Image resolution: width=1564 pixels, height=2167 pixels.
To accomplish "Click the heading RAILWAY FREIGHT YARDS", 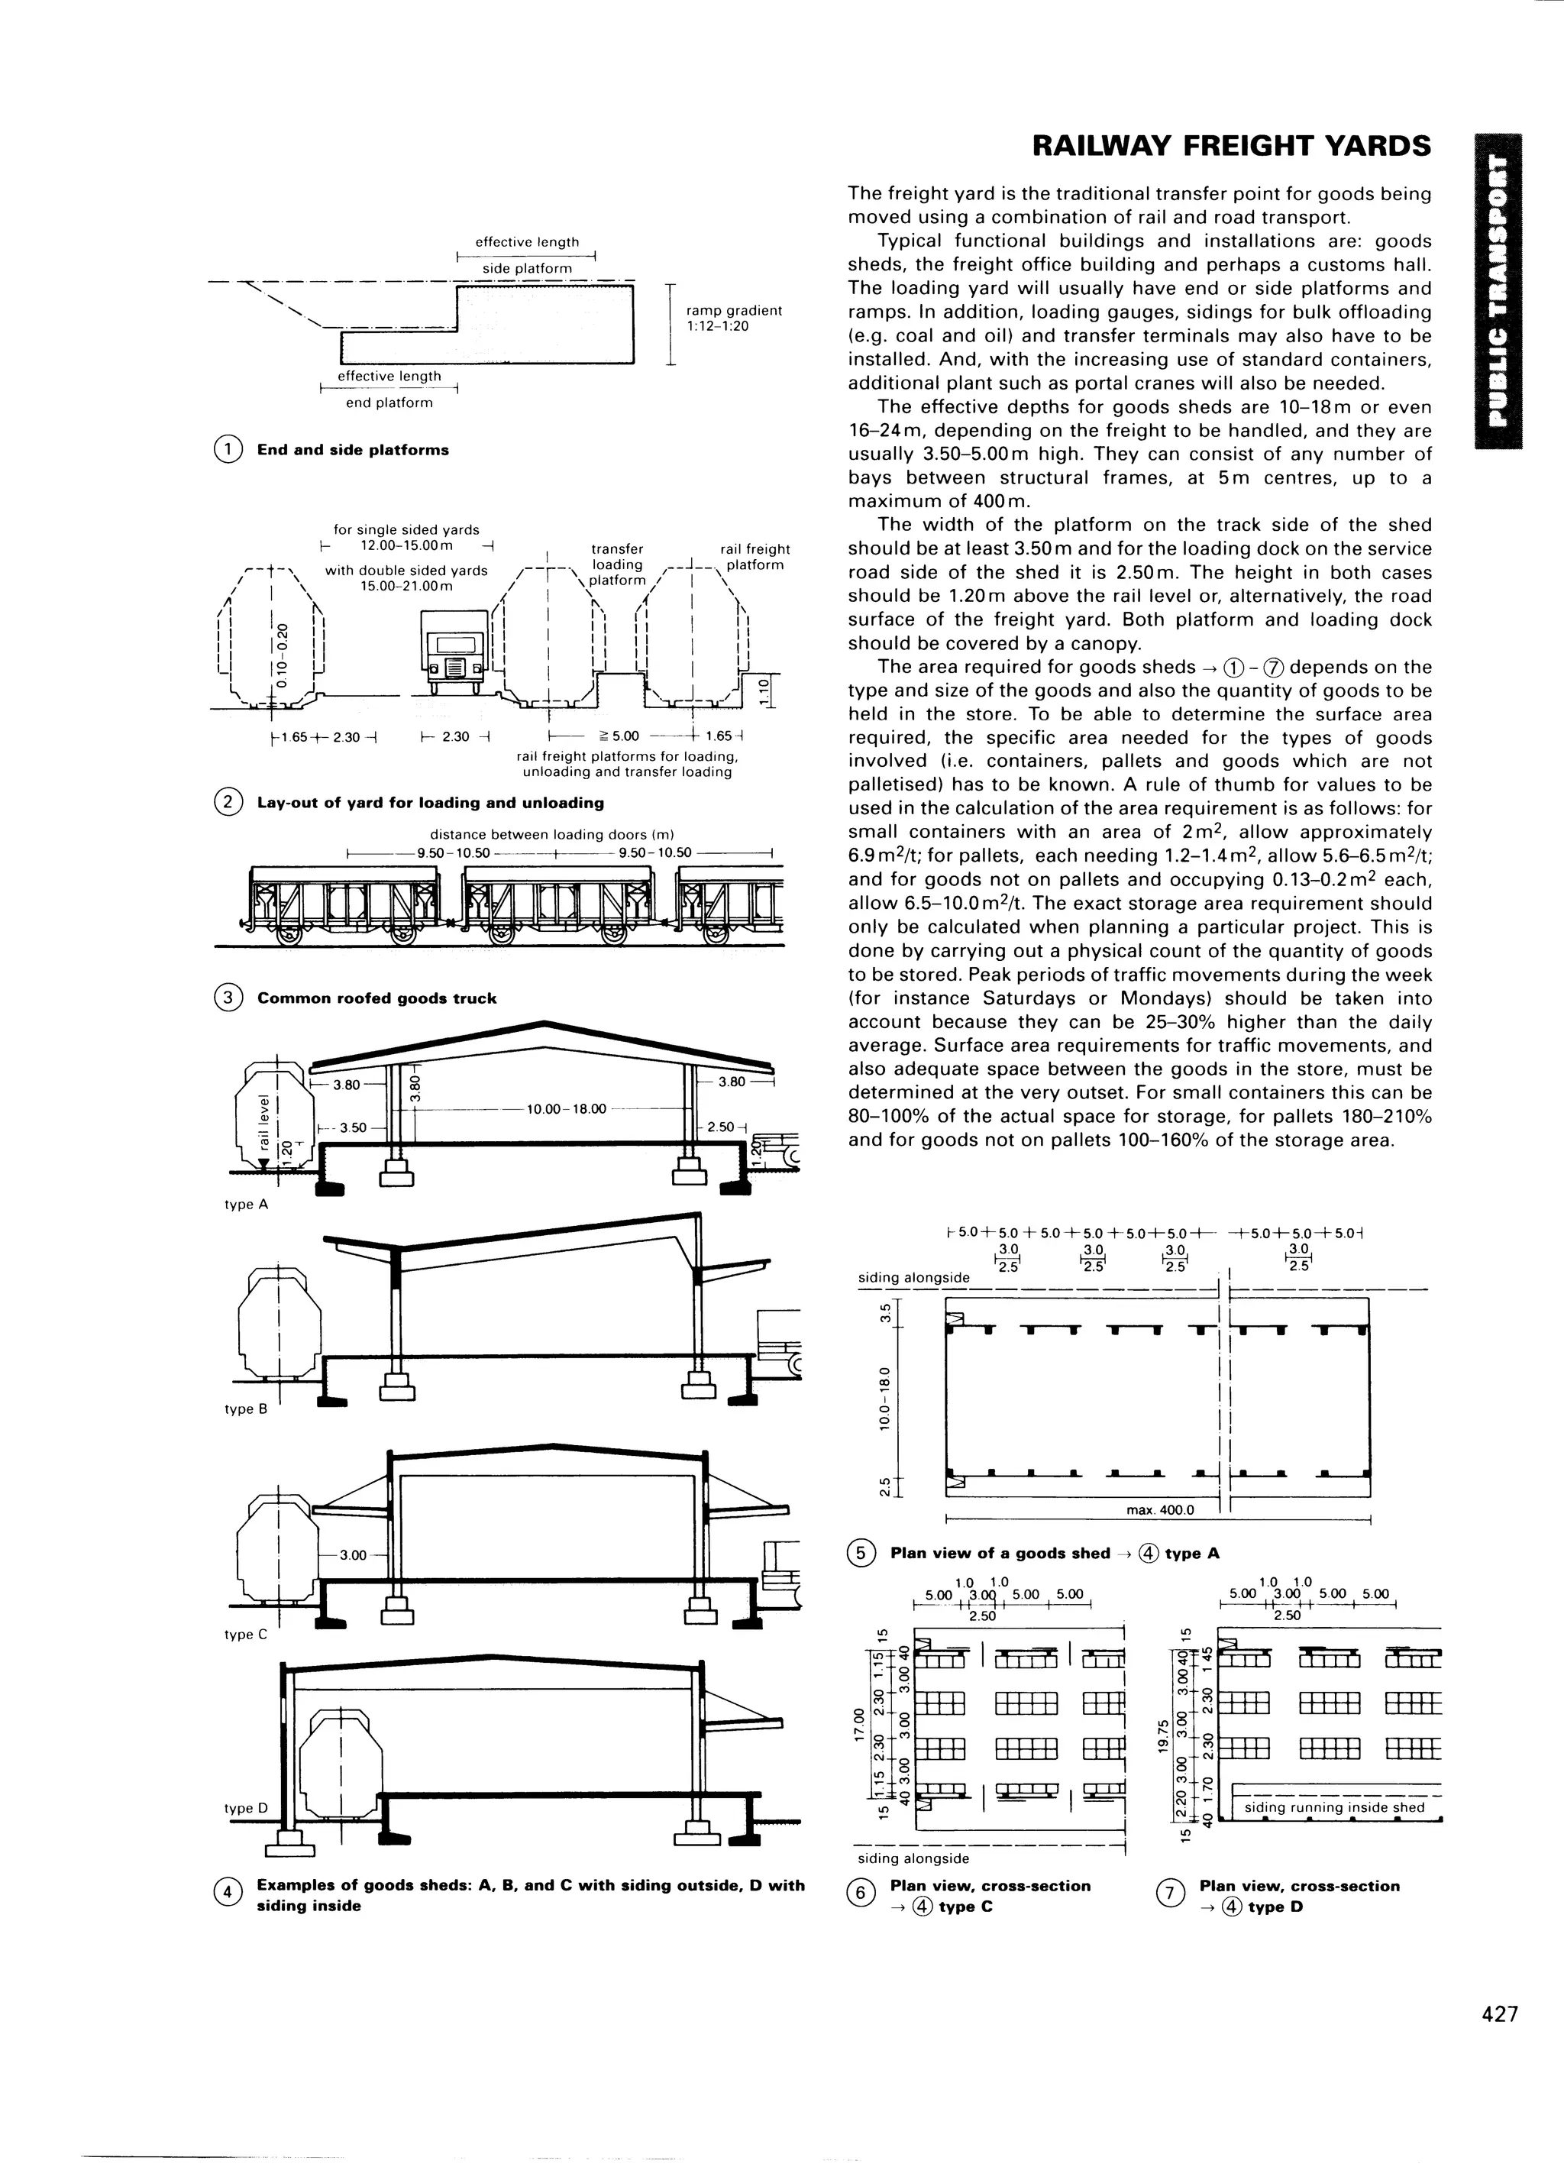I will point(1232,146).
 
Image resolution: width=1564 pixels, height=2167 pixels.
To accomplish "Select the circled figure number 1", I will point(228,450).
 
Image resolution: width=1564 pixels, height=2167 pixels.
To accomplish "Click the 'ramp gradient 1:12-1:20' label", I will point(733,319).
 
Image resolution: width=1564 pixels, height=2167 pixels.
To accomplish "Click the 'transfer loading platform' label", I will point(617,564).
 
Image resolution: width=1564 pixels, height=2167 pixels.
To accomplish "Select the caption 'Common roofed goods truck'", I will point(376,998).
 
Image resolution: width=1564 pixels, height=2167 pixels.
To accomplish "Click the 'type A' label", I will point(246,1205).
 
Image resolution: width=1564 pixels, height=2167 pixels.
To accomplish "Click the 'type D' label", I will point(246,1808).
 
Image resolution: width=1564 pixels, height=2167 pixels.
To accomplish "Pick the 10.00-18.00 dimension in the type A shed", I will point(567,1108).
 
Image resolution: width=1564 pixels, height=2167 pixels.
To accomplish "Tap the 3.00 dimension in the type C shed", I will point(353,1554).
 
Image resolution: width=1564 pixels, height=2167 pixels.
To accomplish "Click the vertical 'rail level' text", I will point(263,1122).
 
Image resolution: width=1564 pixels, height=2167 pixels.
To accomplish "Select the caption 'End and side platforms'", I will point(353,450).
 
